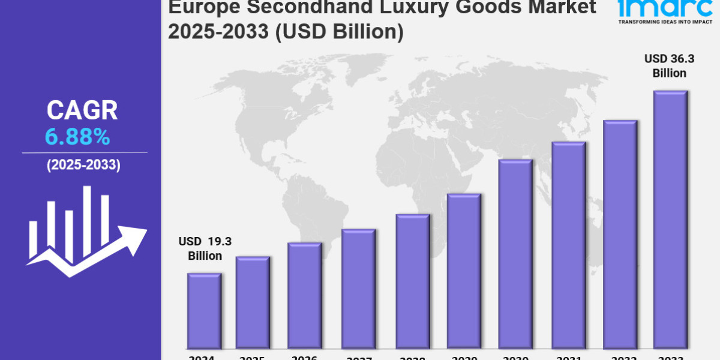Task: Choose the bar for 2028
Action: [x=412, y=281]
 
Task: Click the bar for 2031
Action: [x=568, y=245]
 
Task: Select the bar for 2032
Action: [x=620, y=235]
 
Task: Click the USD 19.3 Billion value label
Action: [x=205, y=248]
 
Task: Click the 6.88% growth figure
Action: [x=77, y=138]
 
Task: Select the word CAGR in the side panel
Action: [x=82, y=111]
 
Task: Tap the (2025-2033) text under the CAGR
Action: [x=83, y=166]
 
